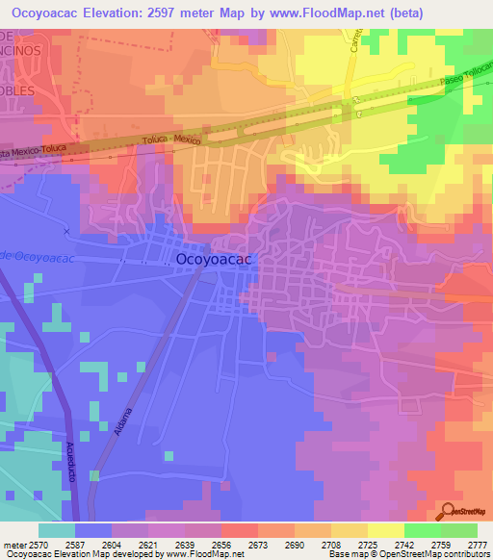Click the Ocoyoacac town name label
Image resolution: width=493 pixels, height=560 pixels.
[x=215, y=259]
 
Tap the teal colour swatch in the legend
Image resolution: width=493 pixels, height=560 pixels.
[x=57, y=530]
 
